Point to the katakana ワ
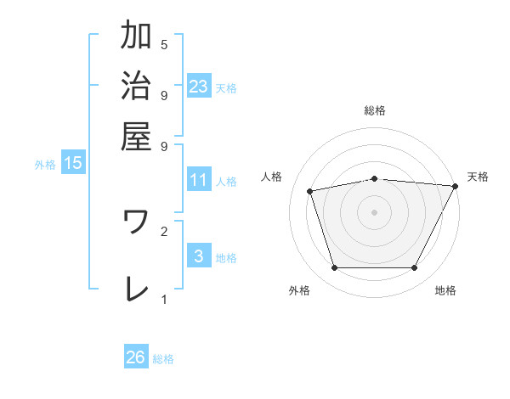[136, 223]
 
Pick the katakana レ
[136, 289]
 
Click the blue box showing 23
[198, 86]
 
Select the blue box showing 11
[198, 179]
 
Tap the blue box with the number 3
[198, 256]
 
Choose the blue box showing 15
[73, 163]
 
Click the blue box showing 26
[135, 357]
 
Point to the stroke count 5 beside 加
[164, 44]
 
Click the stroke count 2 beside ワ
[164, 230]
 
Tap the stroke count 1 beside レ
[164, 299]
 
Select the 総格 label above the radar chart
[375, 110]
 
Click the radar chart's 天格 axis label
[478, 177]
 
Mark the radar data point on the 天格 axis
[456, 186]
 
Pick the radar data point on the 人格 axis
[310, 191]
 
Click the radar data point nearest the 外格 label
[334, 268]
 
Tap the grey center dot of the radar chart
[375, 211]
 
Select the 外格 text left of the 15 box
[45, 165]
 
